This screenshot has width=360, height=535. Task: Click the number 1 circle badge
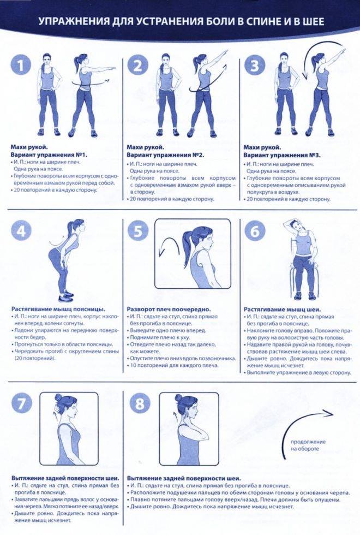pos(21,65)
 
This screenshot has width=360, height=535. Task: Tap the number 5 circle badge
pos(137,231)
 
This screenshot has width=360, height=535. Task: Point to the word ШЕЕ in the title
pos(311,22)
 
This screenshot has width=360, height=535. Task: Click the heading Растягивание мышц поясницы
pos(58,310)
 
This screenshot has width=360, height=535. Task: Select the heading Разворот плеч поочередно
pos(169,310)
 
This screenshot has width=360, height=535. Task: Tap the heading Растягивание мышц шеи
pos(283,310)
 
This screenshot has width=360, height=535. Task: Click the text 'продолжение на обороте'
pos(308,445)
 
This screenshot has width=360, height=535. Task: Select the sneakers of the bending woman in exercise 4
pos(66,296)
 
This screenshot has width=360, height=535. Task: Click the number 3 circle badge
pos(255,65)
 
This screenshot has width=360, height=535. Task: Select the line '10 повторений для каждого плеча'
pos(174,365)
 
